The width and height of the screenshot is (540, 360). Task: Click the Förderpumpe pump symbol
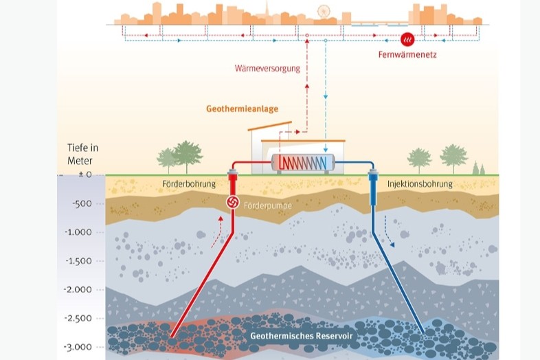pos(233,203)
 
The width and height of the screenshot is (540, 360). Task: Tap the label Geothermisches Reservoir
pos(302,335)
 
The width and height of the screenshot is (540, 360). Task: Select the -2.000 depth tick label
pos(78,289)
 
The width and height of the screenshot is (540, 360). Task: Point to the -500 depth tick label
pos(82,203)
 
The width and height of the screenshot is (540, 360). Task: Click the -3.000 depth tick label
pos(78,347)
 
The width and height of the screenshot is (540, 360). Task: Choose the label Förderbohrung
pos(189,184)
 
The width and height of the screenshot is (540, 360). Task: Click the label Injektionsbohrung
pos(420,184)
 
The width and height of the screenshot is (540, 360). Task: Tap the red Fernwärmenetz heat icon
pos(408,40)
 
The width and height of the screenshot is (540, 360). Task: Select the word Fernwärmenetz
pos(407,54)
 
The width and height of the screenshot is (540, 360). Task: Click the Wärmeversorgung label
pos(267,68)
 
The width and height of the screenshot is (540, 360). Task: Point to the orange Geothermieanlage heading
pos(242,109)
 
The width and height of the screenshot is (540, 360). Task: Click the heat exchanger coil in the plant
pos(303,163)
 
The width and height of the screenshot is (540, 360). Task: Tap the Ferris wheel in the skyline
pos(324,12)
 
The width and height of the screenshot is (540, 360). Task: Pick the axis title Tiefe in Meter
pos(82,155)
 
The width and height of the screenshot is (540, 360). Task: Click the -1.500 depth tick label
pos(78,261)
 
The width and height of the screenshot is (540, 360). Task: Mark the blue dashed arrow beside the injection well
pos(390,231)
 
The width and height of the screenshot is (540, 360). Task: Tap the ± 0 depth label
pos(85,175)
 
